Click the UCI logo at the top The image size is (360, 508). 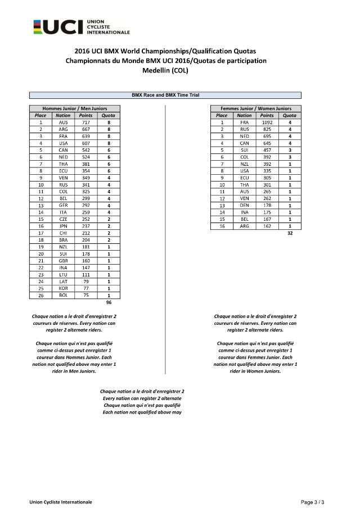click(x=81, y=26)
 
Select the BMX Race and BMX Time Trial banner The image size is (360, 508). click(x=165, y=95)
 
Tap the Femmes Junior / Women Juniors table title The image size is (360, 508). click(x=255, y=108)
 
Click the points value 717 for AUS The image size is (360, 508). click(x=85, y=122)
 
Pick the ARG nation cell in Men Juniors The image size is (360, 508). click(x=63, y=129)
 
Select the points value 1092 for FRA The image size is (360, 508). click(x=267, y=122)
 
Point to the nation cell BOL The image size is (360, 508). click(x=63, y=294)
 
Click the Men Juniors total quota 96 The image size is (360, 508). click(x=109, y=302)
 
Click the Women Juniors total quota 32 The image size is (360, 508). click(x=290, y=233)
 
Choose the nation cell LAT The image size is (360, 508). click(x=63, y=281)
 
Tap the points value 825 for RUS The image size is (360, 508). click(x=267, y=129)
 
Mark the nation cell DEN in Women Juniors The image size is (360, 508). click(x=244, y=205)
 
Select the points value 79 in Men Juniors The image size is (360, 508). click(x=85, y=281)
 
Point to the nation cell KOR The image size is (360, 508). click(x=63, y=288)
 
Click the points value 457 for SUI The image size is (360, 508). click(x=267, y=149)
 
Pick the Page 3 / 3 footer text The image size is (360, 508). click(x=313, y=501)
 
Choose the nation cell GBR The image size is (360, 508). click(x=63, y=260)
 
